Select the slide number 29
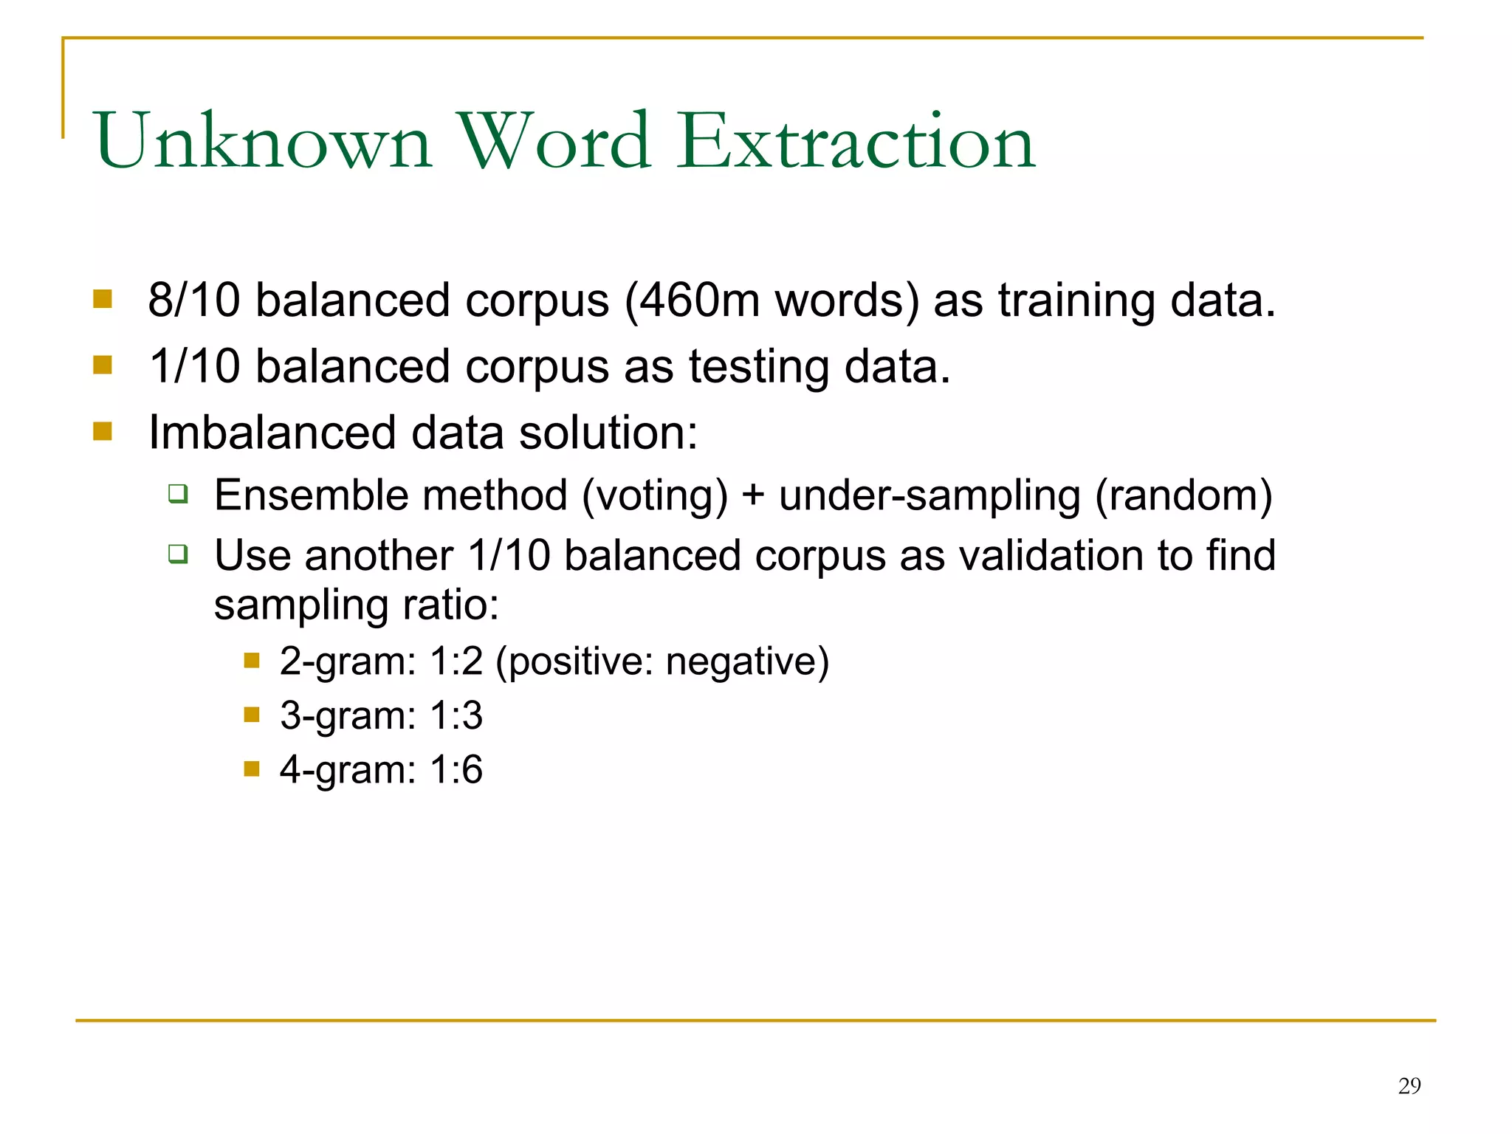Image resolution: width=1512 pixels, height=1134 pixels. [x=1409, y=1086]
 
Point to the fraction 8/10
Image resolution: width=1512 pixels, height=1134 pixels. [x=194, y=300]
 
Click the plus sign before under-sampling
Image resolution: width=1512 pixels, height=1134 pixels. [x=753, y=495]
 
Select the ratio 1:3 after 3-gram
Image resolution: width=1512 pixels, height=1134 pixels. [x=456, y=715]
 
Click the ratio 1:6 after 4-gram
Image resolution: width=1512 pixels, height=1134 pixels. [x=456, y=770]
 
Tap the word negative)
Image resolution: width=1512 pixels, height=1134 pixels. [x=747, y=661]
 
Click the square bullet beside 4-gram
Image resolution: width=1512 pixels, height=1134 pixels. [x=252, y=769]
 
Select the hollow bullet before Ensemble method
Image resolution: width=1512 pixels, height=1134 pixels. [x=177, y=493]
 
